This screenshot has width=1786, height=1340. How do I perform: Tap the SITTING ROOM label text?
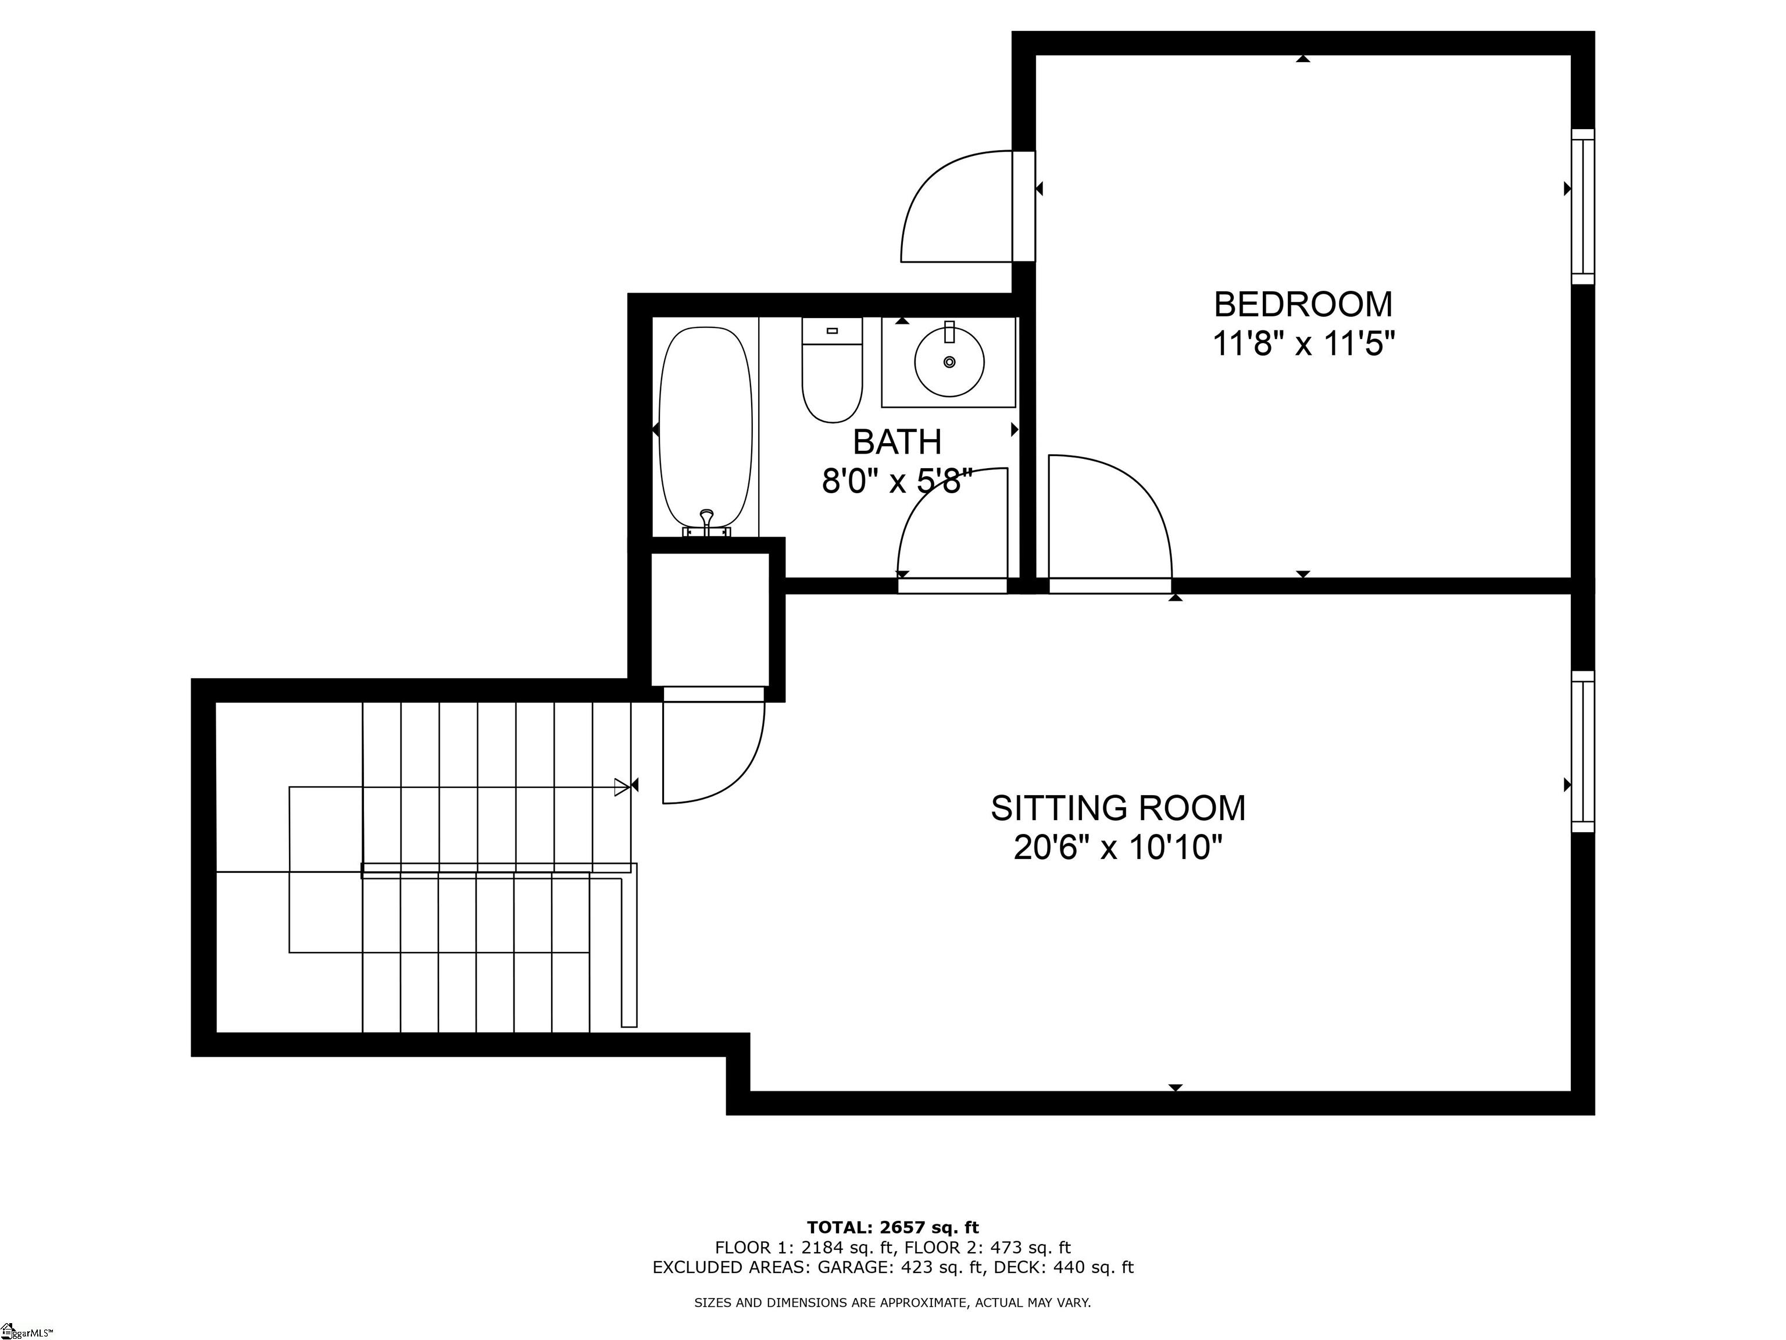tap(1117, 808)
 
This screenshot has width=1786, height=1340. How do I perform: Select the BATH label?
tap(897, 443)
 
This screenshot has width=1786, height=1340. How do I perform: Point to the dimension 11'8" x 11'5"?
tap(1303, 345)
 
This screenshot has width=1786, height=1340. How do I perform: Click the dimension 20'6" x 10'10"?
tap(1117, 848)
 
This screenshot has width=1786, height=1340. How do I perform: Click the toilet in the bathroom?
tap(831, 370)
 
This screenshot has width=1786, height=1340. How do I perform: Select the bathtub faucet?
tap(706, 521)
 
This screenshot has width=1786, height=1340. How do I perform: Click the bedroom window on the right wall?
tap(1583, 207)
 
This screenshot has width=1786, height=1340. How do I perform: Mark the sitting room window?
tap(1583, 751)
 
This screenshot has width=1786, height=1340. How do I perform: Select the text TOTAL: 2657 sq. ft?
tap(892, 1228)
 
